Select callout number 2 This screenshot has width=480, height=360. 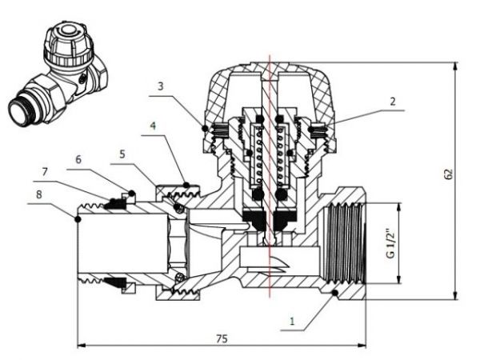pyautogui.click(x=393, y=102)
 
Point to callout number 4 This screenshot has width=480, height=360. pyautogui.click(x=153, y=125)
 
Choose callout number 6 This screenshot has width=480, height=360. pyautogui.click(x=79, y=159)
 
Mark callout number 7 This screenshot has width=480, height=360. pyautogui.click(x=46, y=171)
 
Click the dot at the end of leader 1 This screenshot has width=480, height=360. pyautogui.click(x=334, y=295)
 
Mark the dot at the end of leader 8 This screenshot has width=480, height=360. pyautogui.click(x=78, y=218)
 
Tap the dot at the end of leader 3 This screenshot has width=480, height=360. pyautogui.click(x=206, y=128)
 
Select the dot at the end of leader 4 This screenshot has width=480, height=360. pyautogui.click(x=186, y=185)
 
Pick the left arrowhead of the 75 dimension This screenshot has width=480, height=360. pyautogui.click(x=80, y=346)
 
